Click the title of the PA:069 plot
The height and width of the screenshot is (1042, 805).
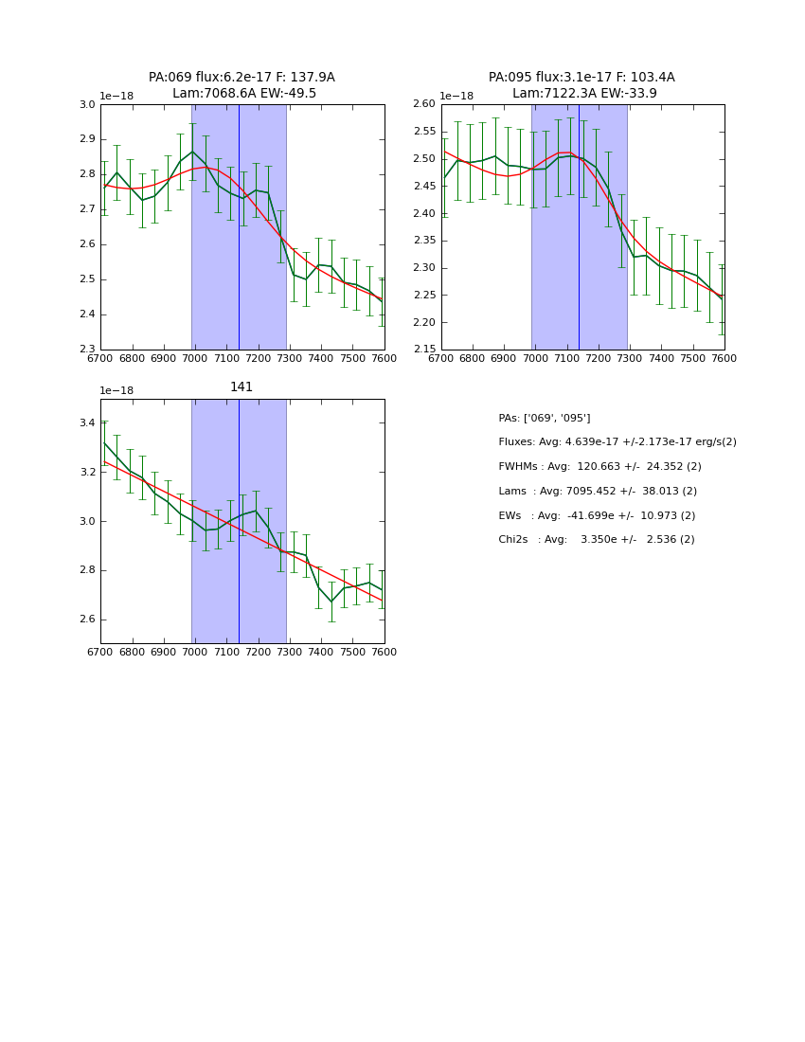pos(241,85)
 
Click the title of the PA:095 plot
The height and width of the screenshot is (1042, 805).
pos(581,85)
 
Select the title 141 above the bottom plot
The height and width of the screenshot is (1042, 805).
pos(241,387)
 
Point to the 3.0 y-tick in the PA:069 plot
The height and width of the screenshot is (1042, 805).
pos(87,105)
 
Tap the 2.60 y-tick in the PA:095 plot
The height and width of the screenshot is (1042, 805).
pos(423,104)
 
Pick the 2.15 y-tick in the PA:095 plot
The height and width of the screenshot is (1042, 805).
pos(423,350)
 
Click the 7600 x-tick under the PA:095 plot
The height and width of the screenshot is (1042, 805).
pos(724,359)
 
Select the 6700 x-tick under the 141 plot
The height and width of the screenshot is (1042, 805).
pos(100,653)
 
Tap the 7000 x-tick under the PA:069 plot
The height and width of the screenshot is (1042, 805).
pos(195,359)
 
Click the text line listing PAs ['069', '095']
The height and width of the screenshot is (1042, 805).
pos(544,418)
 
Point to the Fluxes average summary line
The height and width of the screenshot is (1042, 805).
pos(617,442)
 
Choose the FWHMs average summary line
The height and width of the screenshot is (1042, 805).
pos(599,467)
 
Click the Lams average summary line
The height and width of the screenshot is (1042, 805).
pos(597,492)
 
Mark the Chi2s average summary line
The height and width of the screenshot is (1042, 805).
pos(596,540)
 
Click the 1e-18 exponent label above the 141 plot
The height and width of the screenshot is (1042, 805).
pos(116,391)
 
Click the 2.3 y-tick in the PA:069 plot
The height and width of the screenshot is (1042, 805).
pos(87,350)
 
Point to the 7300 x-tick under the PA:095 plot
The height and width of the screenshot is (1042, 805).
pos(630,359)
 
